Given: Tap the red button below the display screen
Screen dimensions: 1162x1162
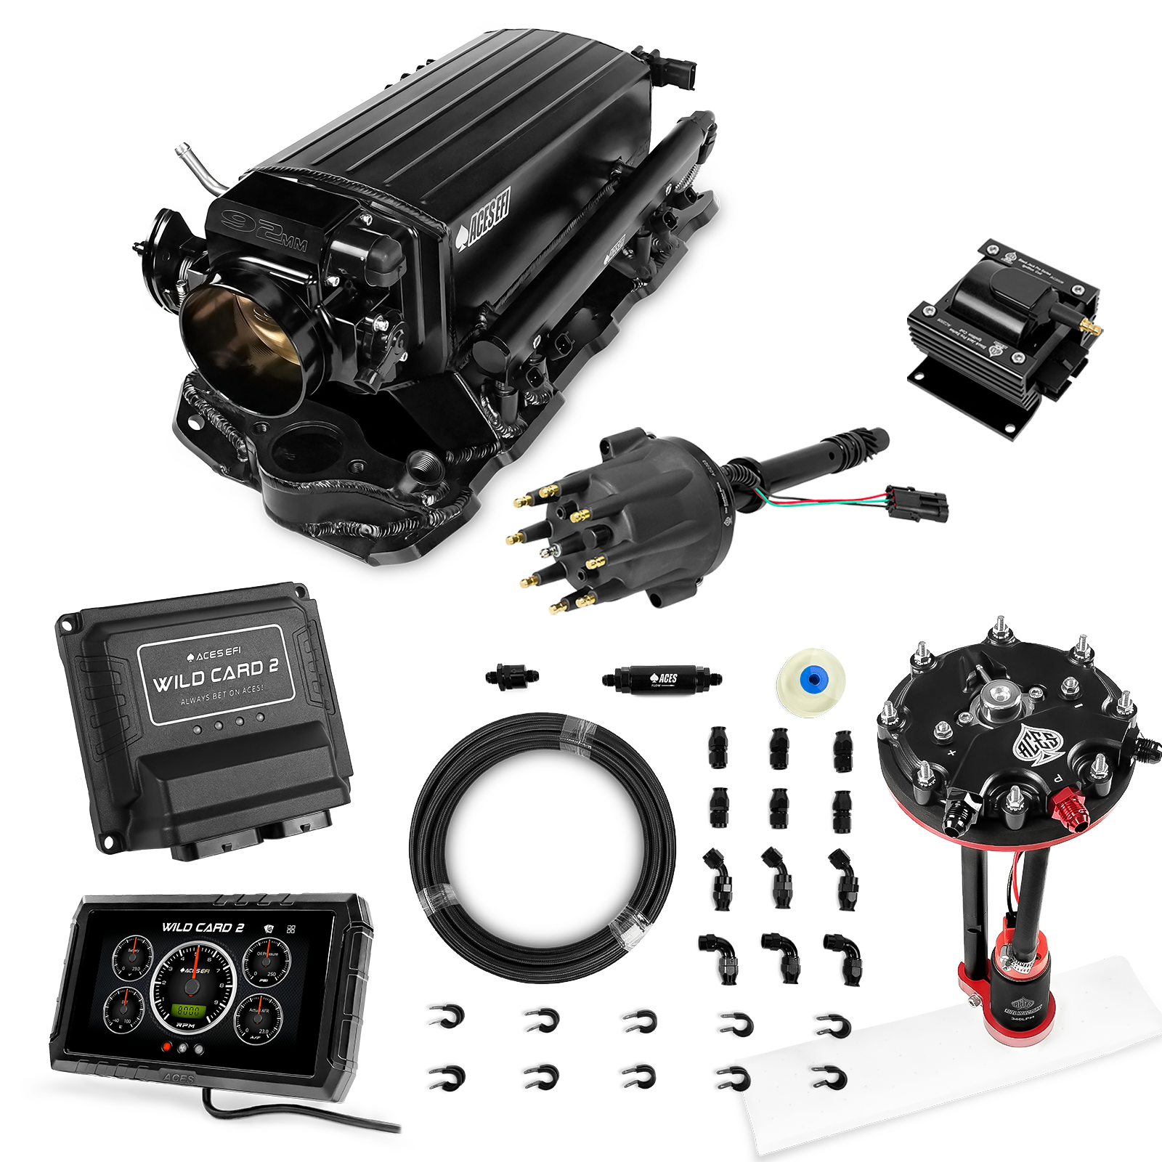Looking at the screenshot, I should coord(168,1048).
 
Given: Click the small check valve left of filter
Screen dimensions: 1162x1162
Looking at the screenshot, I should coord(513,677).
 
